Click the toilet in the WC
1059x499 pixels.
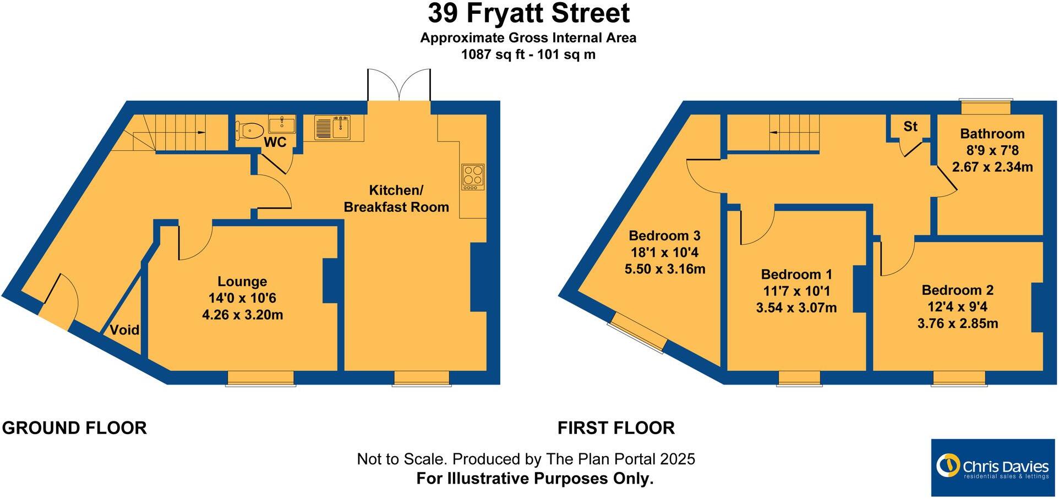click(250, 130)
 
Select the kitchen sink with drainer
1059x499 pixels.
click(332, 127)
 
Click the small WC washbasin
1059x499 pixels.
click(282, 124)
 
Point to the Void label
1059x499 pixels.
click(124, 330)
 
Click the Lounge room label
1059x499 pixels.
click(242, 282)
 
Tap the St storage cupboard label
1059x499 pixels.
click(910, 127)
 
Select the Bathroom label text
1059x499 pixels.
click(992, 134)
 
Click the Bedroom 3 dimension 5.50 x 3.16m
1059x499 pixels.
click(665, 269)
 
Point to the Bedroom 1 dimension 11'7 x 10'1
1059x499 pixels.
click(796, 291)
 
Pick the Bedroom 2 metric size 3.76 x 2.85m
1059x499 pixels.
click(958, 323)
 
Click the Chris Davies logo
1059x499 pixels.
click(992, 468)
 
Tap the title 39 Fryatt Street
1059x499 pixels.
click(528, 14)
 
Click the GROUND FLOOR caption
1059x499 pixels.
click(74, 428)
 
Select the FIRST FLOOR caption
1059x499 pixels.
click(616, 428)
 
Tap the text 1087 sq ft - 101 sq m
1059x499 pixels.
click(528, 54)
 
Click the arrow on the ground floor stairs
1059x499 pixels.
click(201, 133)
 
